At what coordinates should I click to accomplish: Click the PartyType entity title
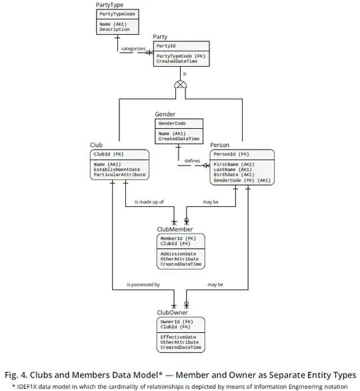(x=110, y=5)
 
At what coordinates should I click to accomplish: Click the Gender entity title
(x=165, y=115)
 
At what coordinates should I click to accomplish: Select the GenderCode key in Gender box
(x=172, y=123)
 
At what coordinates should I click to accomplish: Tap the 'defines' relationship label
(x=193, y=161)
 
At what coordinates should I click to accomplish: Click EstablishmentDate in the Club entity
(x=117, y=169)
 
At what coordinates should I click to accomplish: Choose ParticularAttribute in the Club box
(x=119, y=175)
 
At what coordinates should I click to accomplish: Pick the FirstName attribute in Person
(x=233, y=164)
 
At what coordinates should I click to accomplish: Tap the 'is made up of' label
(x=149, y=202)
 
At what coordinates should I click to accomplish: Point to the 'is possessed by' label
(x=143, y=285)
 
